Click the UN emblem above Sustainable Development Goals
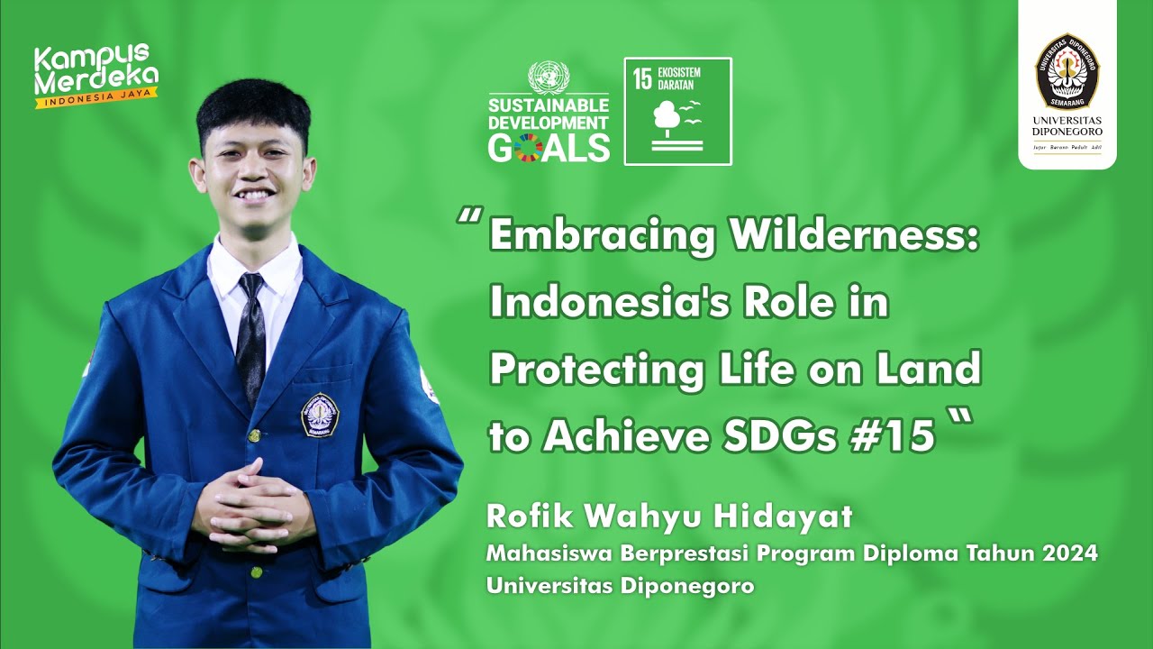pyautogui.click(x=549, y=77)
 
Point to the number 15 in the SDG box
pyautogui.click(x=642, y=78)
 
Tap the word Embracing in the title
pyautogui.click(x=602, y=236)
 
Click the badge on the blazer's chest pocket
pyautogui.click(x=319, y=416)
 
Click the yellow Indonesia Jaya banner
pyautogui.click(x=97, y=97)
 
